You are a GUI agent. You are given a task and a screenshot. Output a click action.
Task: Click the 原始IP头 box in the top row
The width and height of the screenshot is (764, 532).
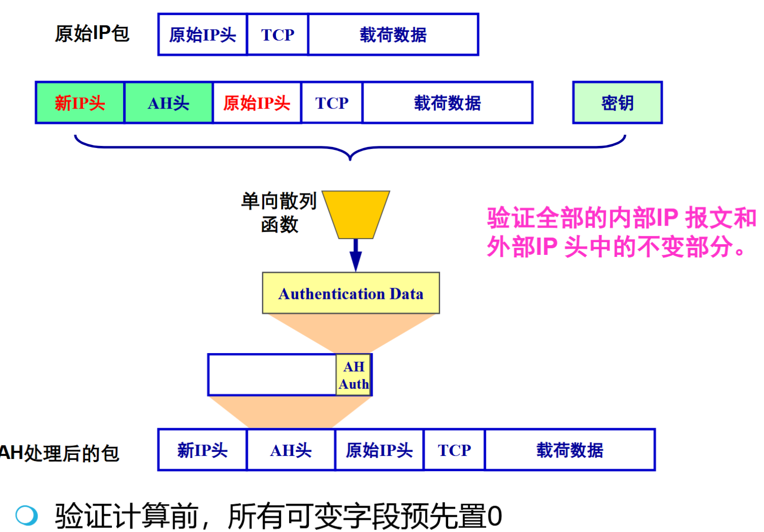click(x=203, y=34)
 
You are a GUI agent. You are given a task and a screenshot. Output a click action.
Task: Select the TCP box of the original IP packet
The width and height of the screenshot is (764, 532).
click(x=277, y=34)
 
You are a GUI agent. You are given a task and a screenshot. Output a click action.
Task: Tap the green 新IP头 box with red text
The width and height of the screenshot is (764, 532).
click(x=80, y=103)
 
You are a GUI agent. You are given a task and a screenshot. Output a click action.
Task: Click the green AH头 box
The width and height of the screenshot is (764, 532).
click(x=169, y=103)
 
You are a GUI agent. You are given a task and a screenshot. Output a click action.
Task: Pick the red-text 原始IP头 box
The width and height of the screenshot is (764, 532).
click(x=257, y=103)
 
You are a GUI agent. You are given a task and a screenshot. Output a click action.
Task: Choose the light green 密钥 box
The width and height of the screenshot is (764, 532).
click(x=617, y=103)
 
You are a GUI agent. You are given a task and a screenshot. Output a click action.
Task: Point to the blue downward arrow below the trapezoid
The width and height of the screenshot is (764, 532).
click(x=356, y=255)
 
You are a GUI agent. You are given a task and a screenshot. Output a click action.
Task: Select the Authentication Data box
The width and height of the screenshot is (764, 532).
click(x=351, y=293)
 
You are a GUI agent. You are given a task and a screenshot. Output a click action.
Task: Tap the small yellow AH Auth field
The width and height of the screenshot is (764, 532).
click(x=354, y=375)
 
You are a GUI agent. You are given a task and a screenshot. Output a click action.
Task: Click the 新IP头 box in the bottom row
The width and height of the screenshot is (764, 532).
click(x=203, y=450)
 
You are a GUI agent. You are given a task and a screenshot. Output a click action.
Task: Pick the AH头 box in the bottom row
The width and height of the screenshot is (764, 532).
click(x=291, y=450)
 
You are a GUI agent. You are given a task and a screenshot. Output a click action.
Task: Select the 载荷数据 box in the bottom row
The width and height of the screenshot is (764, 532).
click(x=570, y=450)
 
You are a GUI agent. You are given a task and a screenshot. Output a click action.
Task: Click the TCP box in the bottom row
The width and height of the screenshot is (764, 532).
click(x=454, y=450)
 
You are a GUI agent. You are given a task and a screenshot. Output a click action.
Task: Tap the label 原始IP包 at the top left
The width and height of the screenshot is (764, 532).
click(x=92, y=33)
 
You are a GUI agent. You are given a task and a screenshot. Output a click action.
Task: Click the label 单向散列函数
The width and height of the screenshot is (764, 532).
click(x=279, y=212)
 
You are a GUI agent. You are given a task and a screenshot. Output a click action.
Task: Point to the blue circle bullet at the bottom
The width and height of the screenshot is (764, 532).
click(x=26, y=516)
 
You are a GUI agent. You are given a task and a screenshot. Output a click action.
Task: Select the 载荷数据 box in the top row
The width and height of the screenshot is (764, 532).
click(x=393, y=34)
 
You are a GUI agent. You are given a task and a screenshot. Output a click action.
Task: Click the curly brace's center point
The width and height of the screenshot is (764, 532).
click(x=350, y=154)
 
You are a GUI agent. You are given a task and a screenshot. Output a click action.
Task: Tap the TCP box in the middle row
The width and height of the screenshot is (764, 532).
click(x=332, y=103)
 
